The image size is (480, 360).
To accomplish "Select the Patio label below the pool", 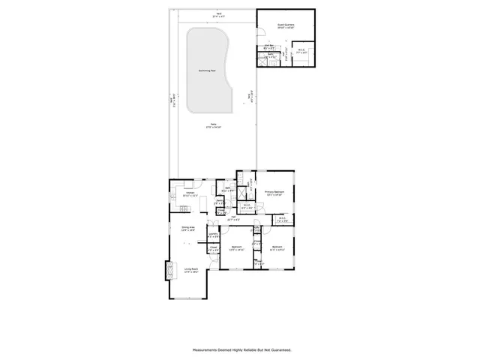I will pos(214,124).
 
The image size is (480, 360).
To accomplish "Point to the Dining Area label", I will pos(187,227).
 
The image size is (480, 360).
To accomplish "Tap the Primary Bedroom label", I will pos(274,192).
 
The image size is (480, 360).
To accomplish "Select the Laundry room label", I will pos(212,235).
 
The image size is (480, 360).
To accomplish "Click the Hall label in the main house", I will pos(234,217).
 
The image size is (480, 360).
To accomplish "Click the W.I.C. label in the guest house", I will pos(301,51).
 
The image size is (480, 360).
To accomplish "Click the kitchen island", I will pos(187,204).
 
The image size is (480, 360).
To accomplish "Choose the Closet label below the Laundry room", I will pos(213,247).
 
